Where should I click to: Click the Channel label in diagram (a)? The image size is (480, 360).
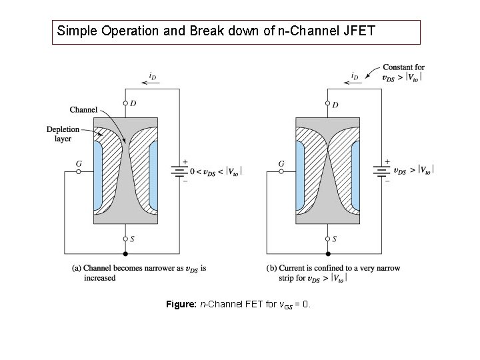(83, 109)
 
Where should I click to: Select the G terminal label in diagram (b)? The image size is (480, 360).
(281, 163)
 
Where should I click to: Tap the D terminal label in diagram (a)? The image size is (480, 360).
(133, 103)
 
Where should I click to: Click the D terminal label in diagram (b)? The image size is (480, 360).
(335, 105)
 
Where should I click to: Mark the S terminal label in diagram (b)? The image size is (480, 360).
(335, 238)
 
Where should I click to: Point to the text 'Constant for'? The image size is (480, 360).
(403, 67)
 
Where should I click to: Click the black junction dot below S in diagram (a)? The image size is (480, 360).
(126, 254)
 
